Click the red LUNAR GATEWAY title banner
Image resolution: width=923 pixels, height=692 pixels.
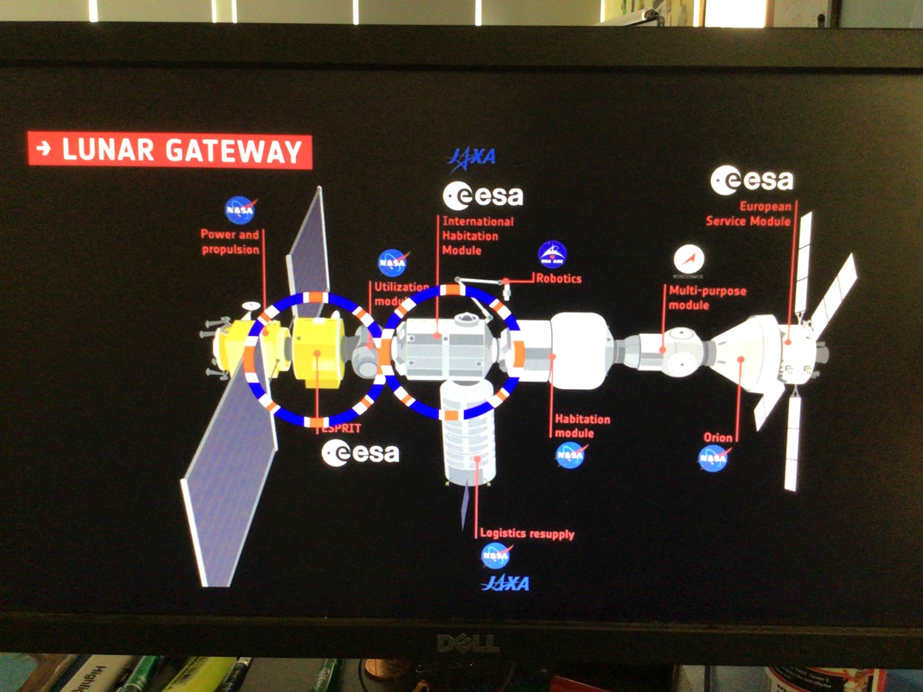tap(170, 150)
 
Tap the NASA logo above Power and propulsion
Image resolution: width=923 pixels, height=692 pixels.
tap(240, 210)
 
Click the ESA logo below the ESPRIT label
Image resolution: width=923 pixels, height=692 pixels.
tap(361, 453)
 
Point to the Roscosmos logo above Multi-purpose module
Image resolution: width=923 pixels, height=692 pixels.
tap(688, 260)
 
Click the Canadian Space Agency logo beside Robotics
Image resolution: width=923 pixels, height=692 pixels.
tap(552, 254)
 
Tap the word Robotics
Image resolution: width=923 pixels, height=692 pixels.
tap(559, 279)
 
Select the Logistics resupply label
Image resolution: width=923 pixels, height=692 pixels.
tap(527, 533)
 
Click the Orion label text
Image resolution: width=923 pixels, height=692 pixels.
tap(718, 438)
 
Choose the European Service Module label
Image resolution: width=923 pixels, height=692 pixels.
tap(748, 214)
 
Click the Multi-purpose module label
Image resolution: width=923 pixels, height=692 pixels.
tap(707, 298)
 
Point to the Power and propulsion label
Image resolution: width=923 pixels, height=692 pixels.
tap(230, 242)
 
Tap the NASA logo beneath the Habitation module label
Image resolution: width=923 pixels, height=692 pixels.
tap(570, 455)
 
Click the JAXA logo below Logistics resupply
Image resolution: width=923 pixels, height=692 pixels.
tap(505, 583)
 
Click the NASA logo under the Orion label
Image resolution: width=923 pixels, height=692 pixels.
tap(712, 458)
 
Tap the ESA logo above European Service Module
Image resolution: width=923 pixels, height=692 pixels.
tap(752, 181)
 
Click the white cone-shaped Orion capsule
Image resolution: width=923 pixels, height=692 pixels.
tap(743, 351)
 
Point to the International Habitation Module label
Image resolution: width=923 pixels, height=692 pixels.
tap(477, 236)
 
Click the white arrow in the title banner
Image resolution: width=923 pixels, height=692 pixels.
tap(44, 148)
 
